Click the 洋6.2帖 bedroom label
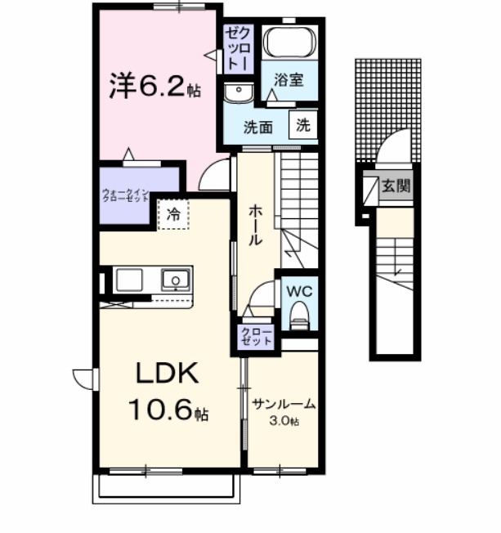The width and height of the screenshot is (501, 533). pos(155,86)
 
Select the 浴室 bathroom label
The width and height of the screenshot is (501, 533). pos(289,80)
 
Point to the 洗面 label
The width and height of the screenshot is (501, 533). pos(259,127)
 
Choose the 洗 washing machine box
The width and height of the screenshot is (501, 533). pos(303,126)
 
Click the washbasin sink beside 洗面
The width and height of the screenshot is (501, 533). pos(239,92)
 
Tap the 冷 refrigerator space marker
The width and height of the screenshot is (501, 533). pos(173,214)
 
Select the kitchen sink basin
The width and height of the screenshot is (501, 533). pos(176,280)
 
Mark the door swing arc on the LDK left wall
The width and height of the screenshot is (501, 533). pos(83,378)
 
